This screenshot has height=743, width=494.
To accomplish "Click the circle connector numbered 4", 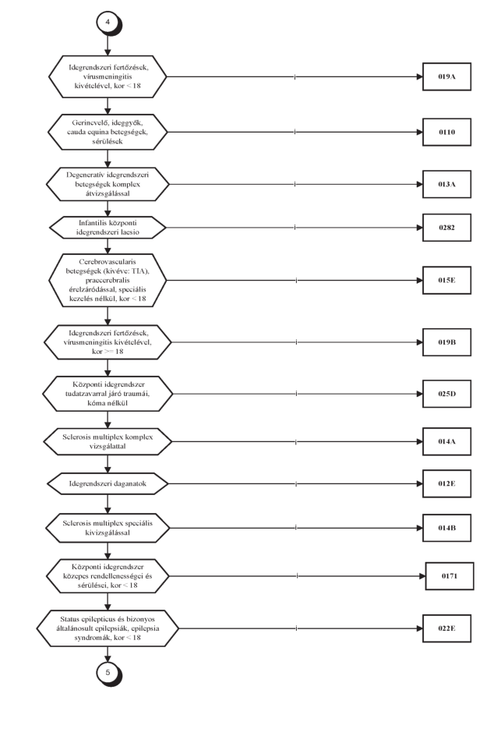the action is click(x=108, y=23).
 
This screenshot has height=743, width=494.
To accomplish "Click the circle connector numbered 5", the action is click(x=108, y=673).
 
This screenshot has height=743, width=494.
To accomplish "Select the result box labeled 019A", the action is click(x=446, y=76).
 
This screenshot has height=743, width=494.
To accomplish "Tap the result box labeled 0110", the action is click(x=446, y=133).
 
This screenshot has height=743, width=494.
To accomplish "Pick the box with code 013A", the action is click(x=446, y=184).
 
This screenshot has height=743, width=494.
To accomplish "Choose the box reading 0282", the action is click(x=446, y=228).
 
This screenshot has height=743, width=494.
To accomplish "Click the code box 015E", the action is click(x=446, y=280).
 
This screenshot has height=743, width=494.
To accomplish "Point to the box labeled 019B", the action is click(x=446, y=342).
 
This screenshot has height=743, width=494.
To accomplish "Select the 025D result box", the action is click(x=446, y=394).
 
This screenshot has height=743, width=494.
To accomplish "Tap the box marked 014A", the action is click(x=446, y=441).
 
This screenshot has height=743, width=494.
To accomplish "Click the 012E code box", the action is click(x=446, y=484).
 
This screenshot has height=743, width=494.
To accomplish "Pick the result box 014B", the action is click(x=446, y=528).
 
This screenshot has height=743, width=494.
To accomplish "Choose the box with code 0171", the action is click(x=450, y=576).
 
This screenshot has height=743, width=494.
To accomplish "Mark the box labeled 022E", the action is click(x=446, y=628).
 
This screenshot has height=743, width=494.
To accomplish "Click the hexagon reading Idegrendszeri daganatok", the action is click(x=108, y=484).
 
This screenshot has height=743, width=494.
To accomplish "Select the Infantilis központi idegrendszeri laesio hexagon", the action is click(x=108, y=228).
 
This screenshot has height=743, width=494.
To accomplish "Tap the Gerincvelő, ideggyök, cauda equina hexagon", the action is click(x=108, y=133).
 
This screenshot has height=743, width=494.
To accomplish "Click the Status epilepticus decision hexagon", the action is click(x=108, y=628).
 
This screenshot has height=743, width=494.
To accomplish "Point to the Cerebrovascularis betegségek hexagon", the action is click(x=108, y=280).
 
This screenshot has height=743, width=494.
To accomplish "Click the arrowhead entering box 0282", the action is click(x=420, y=228).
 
